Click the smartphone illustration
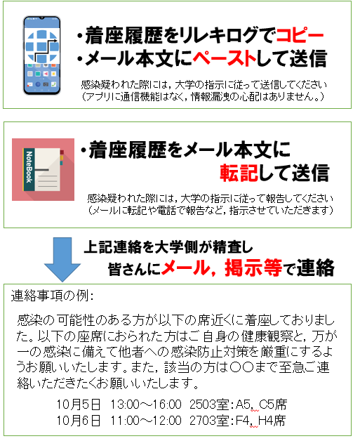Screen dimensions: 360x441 coord(42,55)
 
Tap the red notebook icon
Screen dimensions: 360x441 coord(43,170)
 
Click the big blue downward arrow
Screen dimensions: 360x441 coord(62,259)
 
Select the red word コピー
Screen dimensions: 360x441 coord(300,35)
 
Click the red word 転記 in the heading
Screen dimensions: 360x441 coord(239,173)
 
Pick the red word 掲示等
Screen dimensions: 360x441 coord(253,268)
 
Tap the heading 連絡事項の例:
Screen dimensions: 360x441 coord(52,296)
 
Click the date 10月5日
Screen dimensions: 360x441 coord(79,404)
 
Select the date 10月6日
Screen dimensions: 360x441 coord(79,421)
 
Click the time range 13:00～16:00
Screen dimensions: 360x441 coord(145,404)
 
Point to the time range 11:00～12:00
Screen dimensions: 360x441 coord(145,421)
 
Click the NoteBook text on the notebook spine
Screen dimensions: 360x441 coord(29,167)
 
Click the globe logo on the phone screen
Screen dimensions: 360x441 coord(42,46)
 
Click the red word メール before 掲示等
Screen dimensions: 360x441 coord(186,268)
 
